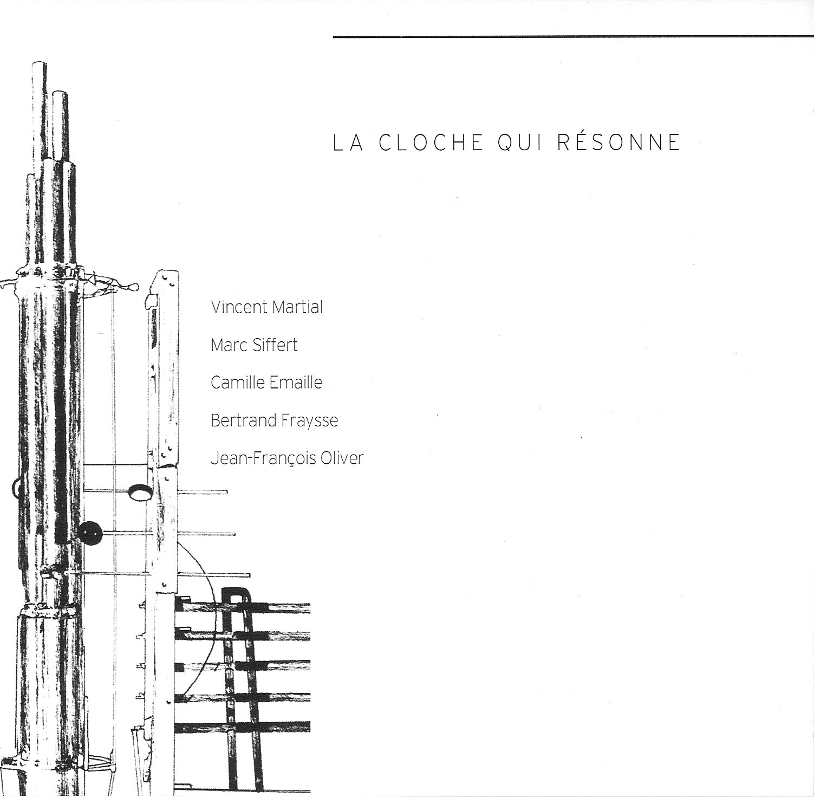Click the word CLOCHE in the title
[x=431, y=142]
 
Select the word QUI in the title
[x=520, y=143]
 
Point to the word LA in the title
[x=348, y=142]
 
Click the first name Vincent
[x=239, y=307]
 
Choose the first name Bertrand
[x=244, y=420]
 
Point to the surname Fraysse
[x=310, y=421]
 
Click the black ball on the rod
[x=90, y=533]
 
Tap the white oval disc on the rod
[x=140, y=491]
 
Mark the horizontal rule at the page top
[x=573, y=37]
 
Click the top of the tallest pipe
[x=38, y=64]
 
